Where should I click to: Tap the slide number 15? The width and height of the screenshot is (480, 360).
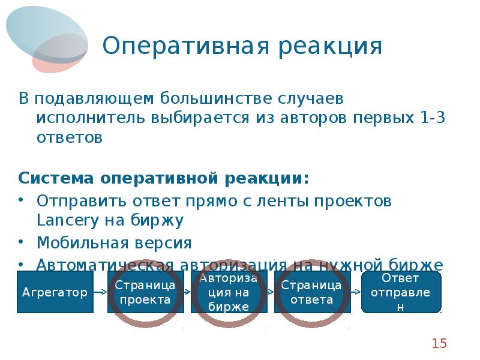click(x=439, y=343)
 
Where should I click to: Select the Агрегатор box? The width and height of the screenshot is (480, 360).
click(x=55, y=292)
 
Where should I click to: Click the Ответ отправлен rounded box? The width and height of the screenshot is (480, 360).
click(x=401, y=292)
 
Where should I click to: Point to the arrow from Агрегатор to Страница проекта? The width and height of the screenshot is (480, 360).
click(x=101, y=292)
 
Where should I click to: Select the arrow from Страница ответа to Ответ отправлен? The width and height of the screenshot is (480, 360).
click(x=355, y=292)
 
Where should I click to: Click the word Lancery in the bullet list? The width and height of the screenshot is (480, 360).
click(x=62, y=220)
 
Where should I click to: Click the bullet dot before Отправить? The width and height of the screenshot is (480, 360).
click(x=22, y=200)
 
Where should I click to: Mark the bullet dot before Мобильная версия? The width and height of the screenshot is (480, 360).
click(x=22, y=243)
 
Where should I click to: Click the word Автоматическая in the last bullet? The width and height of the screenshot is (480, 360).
click(x=104, y=265)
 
